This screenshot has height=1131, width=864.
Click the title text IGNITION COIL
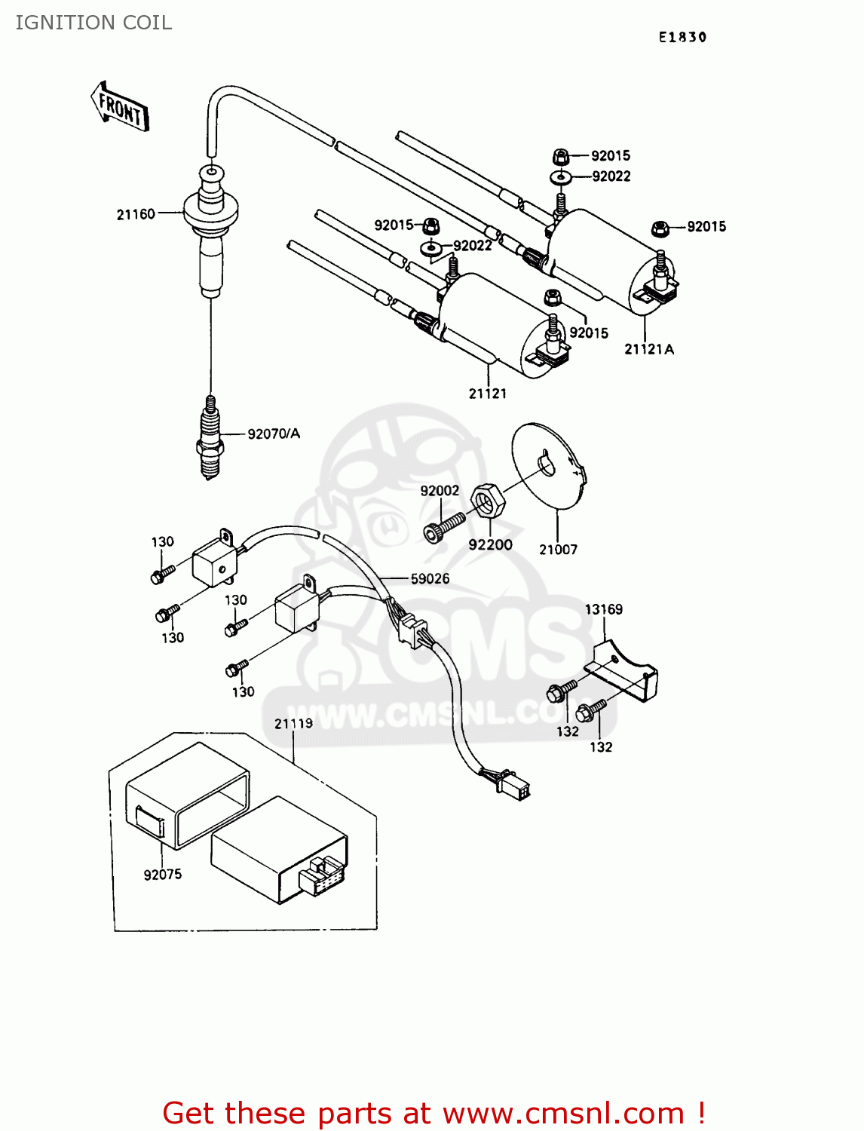(x=93, y=23)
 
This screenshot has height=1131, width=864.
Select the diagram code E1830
(x=682, y=37)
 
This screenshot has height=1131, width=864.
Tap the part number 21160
(x=136, y=215)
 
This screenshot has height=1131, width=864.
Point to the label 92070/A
(x=274, y=434)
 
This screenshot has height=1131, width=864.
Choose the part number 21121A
(x=648, y=349)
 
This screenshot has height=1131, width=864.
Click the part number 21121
(x=487, y=394)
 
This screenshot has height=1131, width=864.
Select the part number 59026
(x=430, y=579)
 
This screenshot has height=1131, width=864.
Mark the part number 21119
(x=293, y=724)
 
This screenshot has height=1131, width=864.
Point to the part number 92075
(x=163, y=875)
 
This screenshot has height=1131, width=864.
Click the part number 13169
(x=603, y=609)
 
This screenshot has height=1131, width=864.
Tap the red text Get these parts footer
(x=434, y=1113)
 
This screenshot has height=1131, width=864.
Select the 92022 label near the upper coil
(x=611, y=176)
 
